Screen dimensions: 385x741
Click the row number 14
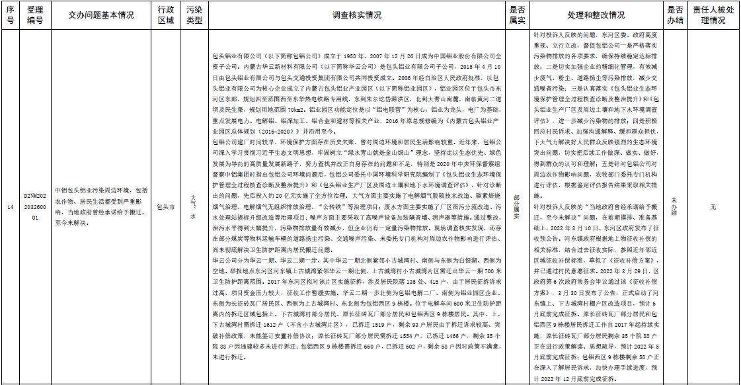click(x=9, y=207)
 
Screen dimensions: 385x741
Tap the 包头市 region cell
click(x=166, y=207)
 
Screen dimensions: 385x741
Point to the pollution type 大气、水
click(x=193, y=206)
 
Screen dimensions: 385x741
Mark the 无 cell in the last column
click(x=713, y=207)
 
